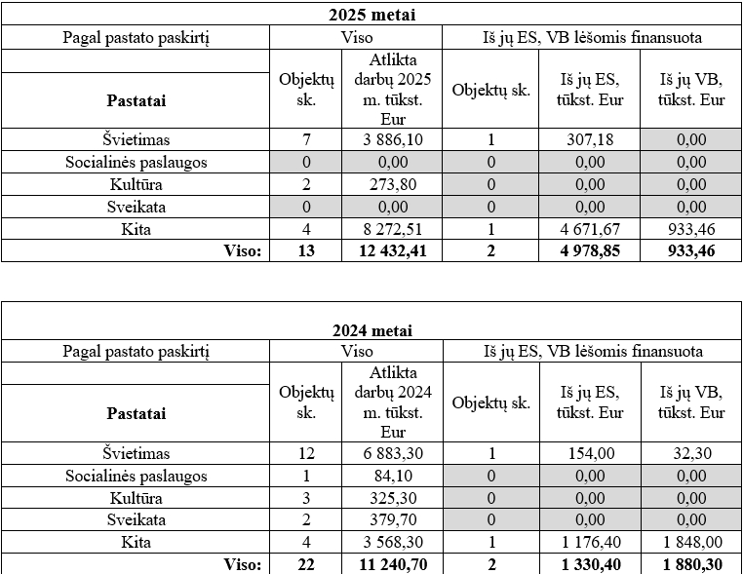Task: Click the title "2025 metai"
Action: pyautogui.click(x=371, y=17)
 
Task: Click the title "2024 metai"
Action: pyautogui.click(x=371, y=330)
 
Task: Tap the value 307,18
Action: pyautogui.click(x=590, y=140)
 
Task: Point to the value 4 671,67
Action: pyautogui.click(x=590, y=230)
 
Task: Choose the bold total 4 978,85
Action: pyautogui.click(x=590, y=251)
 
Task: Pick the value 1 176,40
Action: pyautogui.click(x=590, y=542)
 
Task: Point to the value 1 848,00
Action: pyautogui.click(x=691, y=542)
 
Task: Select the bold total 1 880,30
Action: pyautogui.click(x=691, y=564)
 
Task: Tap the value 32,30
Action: pyautogui.click(x=691, y=453)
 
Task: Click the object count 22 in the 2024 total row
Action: pyautogui.click(x=306, y=564)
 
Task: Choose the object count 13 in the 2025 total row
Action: pyautogui.click(x=306, y=251)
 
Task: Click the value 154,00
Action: pyautogui.click(x=590, y=453)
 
